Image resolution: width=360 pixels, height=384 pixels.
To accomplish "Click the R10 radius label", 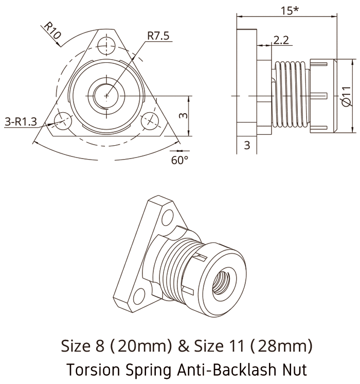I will (x=52, y=32).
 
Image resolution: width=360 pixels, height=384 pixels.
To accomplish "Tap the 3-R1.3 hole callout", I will (x=21, y=121).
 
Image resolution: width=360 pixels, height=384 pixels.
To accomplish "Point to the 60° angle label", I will (x=179, y=160).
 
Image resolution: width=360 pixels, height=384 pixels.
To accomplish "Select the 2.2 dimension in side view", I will (x=281, y=40).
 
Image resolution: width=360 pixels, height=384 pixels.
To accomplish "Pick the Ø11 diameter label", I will (x=346, y=96).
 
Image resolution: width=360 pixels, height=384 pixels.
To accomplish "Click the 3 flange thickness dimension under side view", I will (x=247, y=145).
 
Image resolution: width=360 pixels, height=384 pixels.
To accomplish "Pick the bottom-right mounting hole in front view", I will (x=150, y=119).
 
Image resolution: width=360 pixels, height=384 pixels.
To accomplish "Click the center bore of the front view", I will (x=106, y=95).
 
